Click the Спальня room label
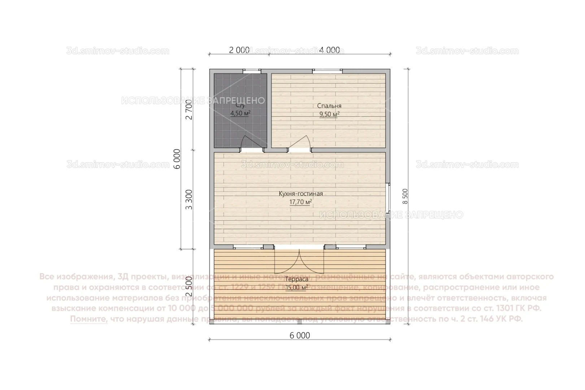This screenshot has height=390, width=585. (x=329, y=106)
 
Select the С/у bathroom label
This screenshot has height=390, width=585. (x=240, y=106)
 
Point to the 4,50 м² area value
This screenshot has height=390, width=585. (x=240, y=113)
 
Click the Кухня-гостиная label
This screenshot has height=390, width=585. (x=300, y=194)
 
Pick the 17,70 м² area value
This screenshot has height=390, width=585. (x=300, y=202)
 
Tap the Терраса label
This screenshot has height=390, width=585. (x=297, y=279)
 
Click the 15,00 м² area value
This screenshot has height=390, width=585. (x=297, y=287)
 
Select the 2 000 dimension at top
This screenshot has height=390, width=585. (x=239, y=50)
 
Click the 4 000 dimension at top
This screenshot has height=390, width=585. (x=329, y=50)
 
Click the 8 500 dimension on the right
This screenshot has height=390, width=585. (x=405, y=196)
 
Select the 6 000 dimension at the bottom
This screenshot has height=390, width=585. (x=300, y=335)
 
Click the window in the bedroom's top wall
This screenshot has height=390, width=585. (x=328, y=71)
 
